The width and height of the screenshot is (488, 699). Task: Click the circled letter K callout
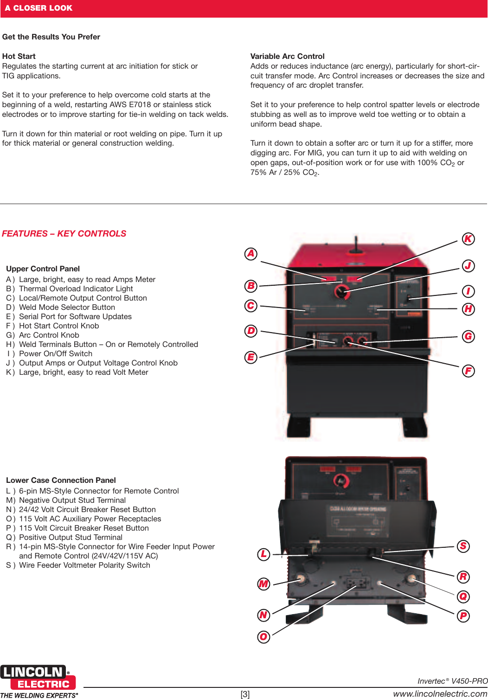click(469, 239)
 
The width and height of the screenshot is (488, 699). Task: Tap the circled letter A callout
click(251, 254)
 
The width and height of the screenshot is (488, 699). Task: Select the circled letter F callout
click(469, 371)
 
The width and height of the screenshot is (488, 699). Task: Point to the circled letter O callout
click(263, 636)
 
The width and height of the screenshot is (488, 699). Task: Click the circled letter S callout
click(463, 546)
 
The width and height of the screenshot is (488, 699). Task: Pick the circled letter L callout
click(263, 554)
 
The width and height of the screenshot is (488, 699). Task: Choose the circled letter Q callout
click(463, 596)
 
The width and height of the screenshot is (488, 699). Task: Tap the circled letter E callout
click(251, 357)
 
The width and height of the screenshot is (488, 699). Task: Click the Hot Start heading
click(19, 56)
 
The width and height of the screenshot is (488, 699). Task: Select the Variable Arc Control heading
click(287, 56)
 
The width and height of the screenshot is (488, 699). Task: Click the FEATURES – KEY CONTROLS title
click(64, 233)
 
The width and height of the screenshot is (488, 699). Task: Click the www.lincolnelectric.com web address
click(440, 693)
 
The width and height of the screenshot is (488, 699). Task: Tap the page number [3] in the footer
click(244, 694)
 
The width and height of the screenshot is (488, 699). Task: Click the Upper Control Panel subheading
click(43, 269)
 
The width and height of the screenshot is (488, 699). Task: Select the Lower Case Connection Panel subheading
click(61, 480)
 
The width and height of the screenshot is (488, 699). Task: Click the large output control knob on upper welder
click(342, 292)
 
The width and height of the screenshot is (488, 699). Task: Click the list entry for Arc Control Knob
click(49, 335)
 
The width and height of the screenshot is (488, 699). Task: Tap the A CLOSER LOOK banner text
click(39, 8)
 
